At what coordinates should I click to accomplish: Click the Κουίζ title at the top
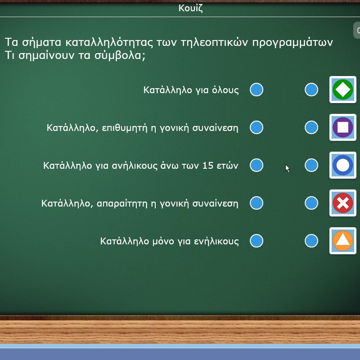[x=190, y=8]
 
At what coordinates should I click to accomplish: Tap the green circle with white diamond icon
[x=343, y=90]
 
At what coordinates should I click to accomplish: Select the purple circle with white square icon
[x=343, y=127]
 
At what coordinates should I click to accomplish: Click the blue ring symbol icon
[x=343, y=165]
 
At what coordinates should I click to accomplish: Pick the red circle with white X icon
[x=343, y=203]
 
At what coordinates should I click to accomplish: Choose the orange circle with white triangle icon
[x=343, y=241]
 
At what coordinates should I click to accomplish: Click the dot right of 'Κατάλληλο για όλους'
[x=256, y=90]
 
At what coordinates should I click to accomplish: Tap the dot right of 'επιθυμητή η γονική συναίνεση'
[x=256, y=127]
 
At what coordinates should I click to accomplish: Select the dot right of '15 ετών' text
[x=256, y=165]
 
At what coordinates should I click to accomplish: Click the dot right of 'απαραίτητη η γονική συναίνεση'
[x=256, y=203]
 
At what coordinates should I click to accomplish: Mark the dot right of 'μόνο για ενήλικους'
[x=256, y=241]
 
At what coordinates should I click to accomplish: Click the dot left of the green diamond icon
[x=311, y=90]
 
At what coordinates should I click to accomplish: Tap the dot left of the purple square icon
[x=311, y=127]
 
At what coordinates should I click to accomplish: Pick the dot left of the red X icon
[x=311, y=203]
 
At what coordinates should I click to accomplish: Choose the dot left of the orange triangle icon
[x=311, y=241]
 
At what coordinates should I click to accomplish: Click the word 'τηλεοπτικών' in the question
[x=215, y=42]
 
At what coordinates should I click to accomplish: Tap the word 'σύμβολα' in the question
[x=120, y=55]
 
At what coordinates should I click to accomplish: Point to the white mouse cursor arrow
[x=288, y=168]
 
